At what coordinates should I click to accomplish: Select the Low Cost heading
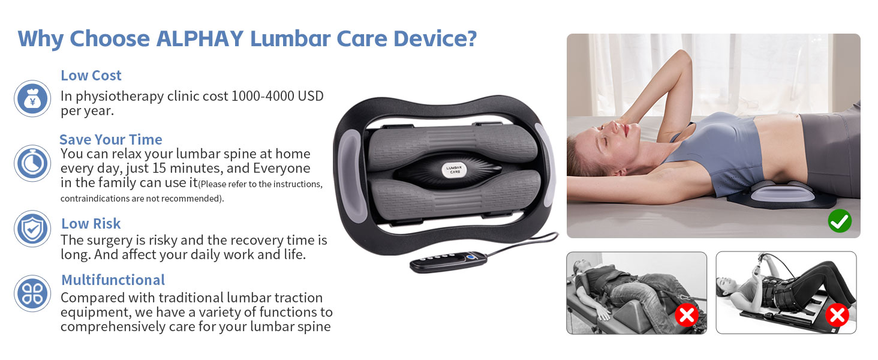91,76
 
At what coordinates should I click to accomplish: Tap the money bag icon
32,99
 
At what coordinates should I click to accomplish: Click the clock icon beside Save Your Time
32,163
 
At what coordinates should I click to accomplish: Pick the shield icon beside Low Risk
32,229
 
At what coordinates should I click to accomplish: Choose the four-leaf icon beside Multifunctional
32,293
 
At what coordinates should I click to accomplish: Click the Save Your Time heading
111,140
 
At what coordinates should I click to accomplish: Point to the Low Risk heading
91,224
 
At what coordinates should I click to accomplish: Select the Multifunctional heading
113,280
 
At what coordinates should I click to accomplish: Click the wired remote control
448,262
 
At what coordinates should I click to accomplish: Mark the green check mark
839,221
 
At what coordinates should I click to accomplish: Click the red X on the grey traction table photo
687,315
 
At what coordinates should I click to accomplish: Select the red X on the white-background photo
837,315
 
